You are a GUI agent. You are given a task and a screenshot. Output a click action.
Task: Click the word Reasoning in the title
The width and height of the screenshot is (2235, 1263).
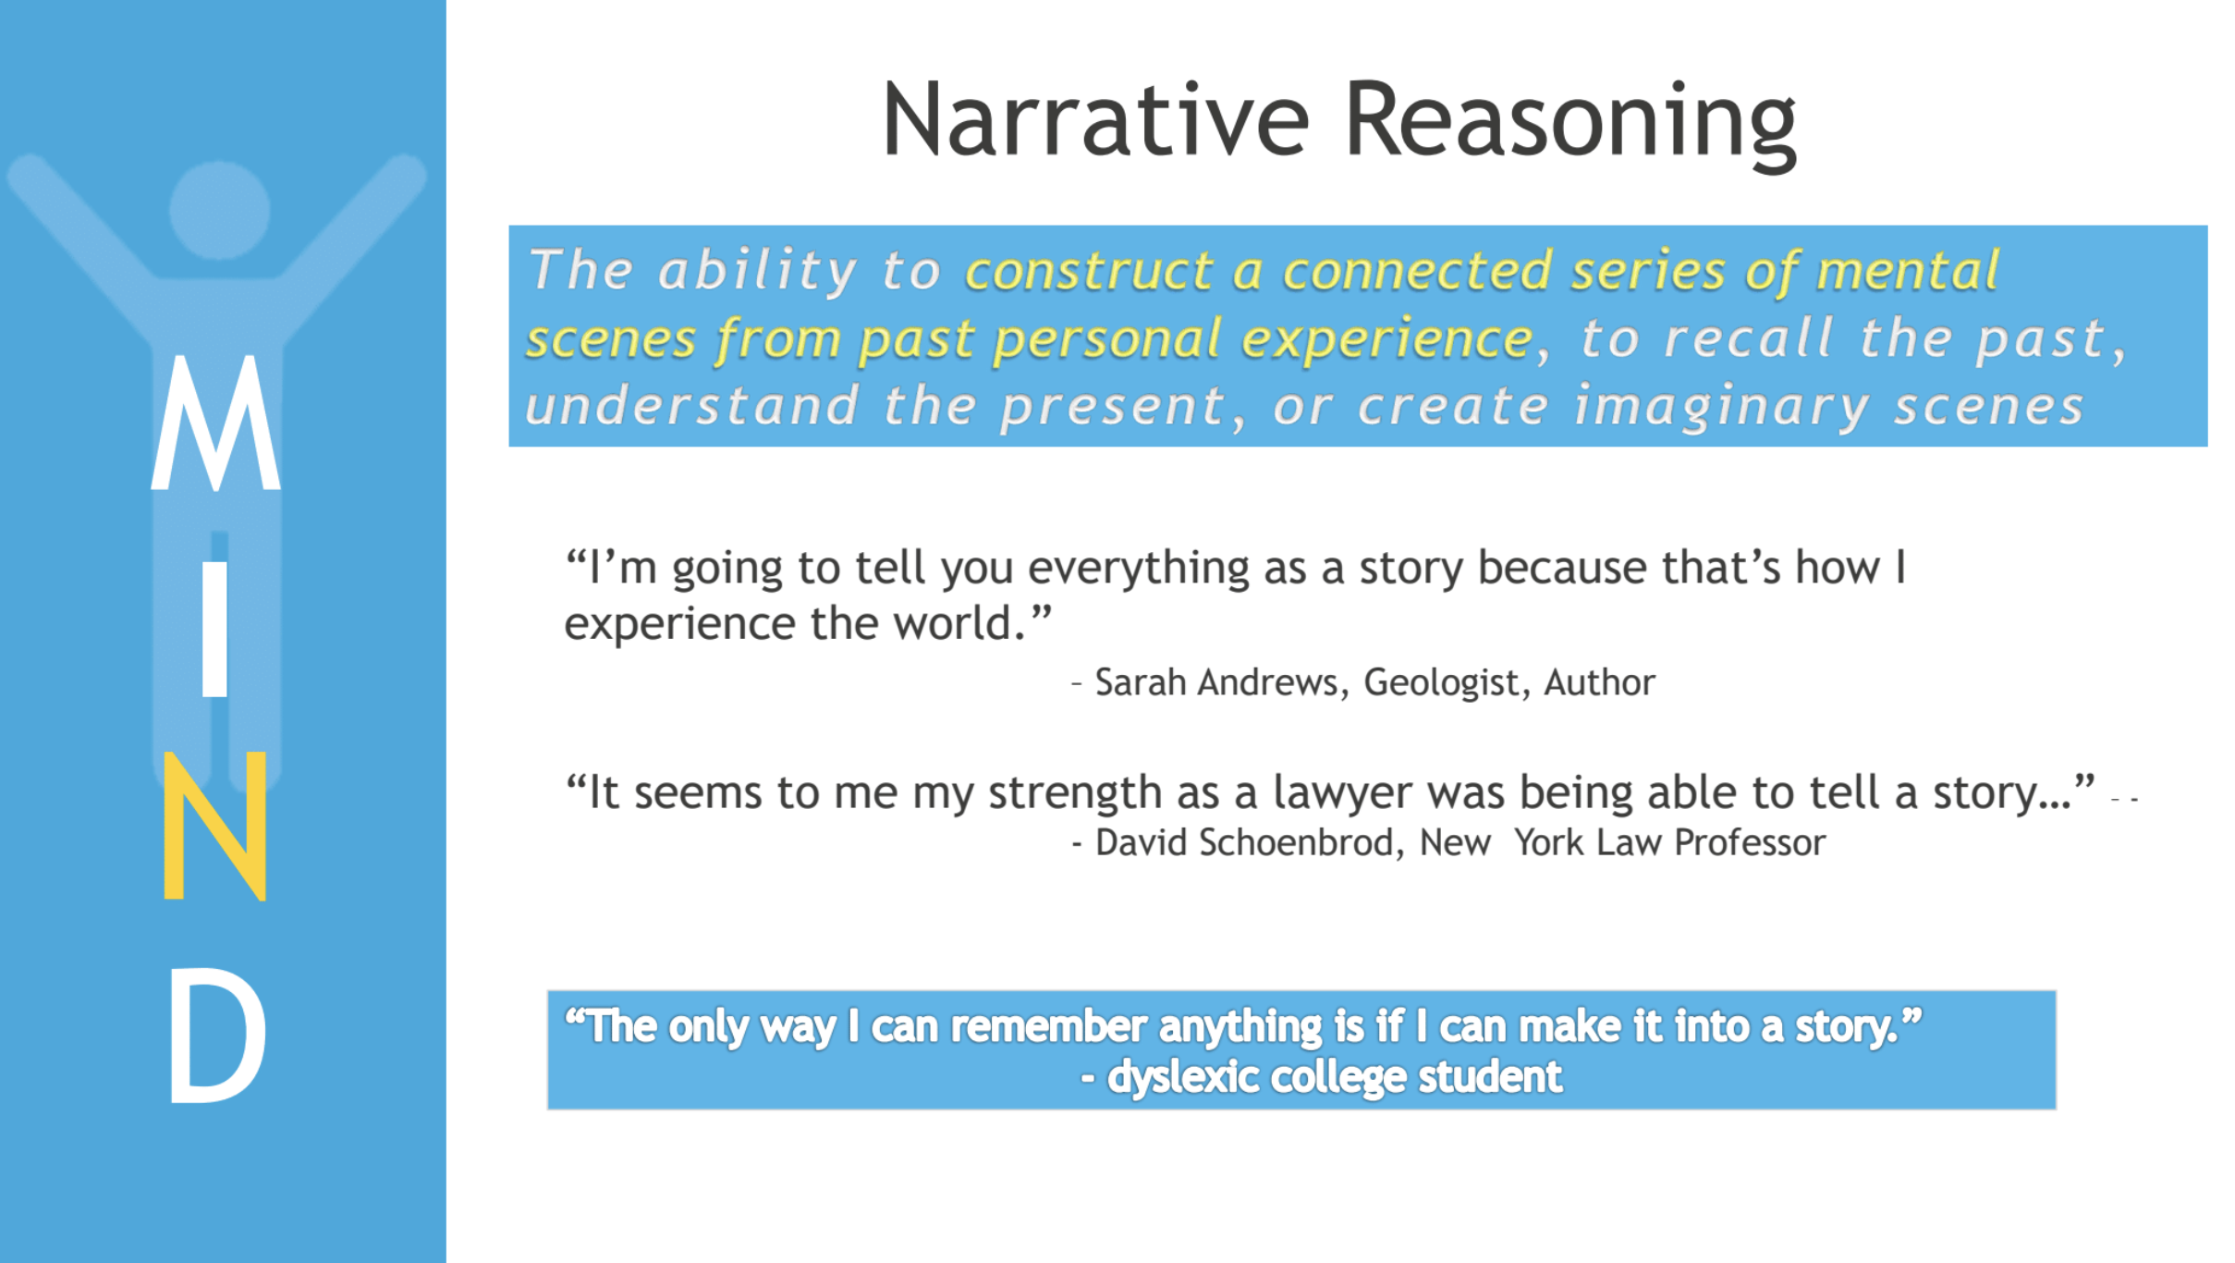click(1570, 124)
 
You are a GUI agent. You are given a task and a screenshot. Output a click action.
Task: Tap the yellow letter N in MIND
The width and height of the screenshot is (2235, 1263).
click(215, 826)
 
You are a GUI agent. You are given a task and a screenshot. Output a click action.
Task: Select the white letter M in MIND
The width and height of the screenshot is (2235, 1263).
click(215, 423)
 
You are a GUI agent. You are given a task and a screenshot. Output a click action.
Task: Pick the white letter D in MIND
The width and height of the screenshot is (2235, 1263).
click(218, 1036)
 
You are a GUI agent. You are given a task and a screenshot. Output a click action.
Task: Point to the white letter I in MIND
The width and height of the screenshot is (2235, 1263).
click(214, 629)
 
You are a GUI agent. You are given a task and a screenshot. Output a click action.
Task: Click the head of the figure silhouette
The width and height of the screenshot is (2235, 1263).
click(220, 210)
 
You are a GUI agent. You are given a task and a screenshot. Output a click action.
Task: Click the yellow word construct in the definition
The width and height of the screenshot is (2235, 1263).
click(1090, 271)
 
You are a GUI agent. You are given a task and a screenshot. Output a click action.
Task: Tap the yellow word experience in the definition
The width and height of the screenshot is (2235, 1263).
click(1387, 340)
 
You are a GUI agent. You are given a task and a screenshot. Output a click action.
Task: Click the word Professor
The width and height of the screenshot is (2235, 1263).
click(1750, 843)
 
